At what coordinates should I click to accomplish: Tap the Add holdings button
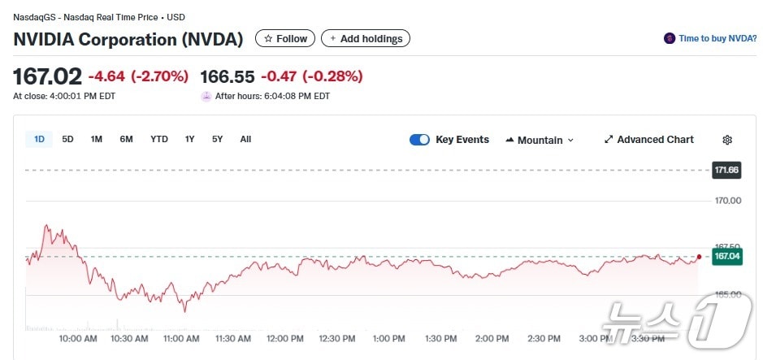click(366, 38)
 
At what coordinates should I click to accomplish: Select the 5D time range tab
click(67, 139)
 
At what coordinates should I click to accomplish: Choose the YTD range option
click(159, 139)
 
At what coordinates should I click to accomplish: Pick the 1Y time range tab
click(189, 139)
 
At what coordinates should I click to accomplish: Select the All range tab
click(245, 139)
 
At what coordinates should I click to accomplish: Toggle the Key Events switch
click(419, 140)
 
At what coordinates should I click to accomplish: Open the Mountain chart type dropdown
click(540, 140)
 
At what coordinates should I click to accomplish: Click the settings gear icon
click(727, 140)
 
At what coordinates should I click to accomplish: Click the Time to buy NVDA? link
click(711, 38)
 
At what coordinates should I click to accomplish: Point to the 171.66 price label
click(726, 170)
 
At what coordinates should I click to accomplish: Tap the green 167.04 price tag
click(726, 257)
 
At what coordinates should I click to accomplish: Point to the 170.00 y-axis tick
click(726, 201)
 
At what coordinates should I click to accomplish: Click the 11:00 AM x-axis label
click(181, 338)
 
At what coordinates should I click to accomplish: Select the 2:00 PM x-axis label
click(492, 338)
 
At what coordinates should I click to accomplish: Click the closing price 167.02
click(47, 76)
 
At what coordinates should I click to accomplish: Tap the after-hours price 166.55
click(228, 76)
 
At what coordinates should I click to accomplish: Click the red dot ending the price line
click(699, 257)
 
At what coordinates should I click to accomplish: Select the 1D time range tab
click(39, 139)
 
